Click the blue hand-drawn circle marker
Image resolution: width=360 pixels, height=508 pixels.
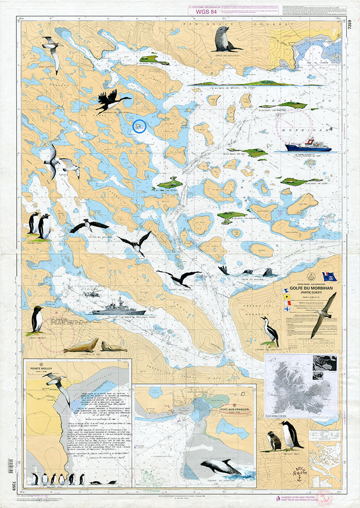139,125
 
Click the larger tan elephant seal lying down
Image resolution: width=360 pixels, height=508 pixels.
82,345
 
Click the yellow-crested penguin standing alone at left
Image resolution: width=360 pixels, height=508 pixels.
36,320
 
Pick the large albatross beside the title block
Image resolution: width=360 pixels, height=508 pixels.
323,313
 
